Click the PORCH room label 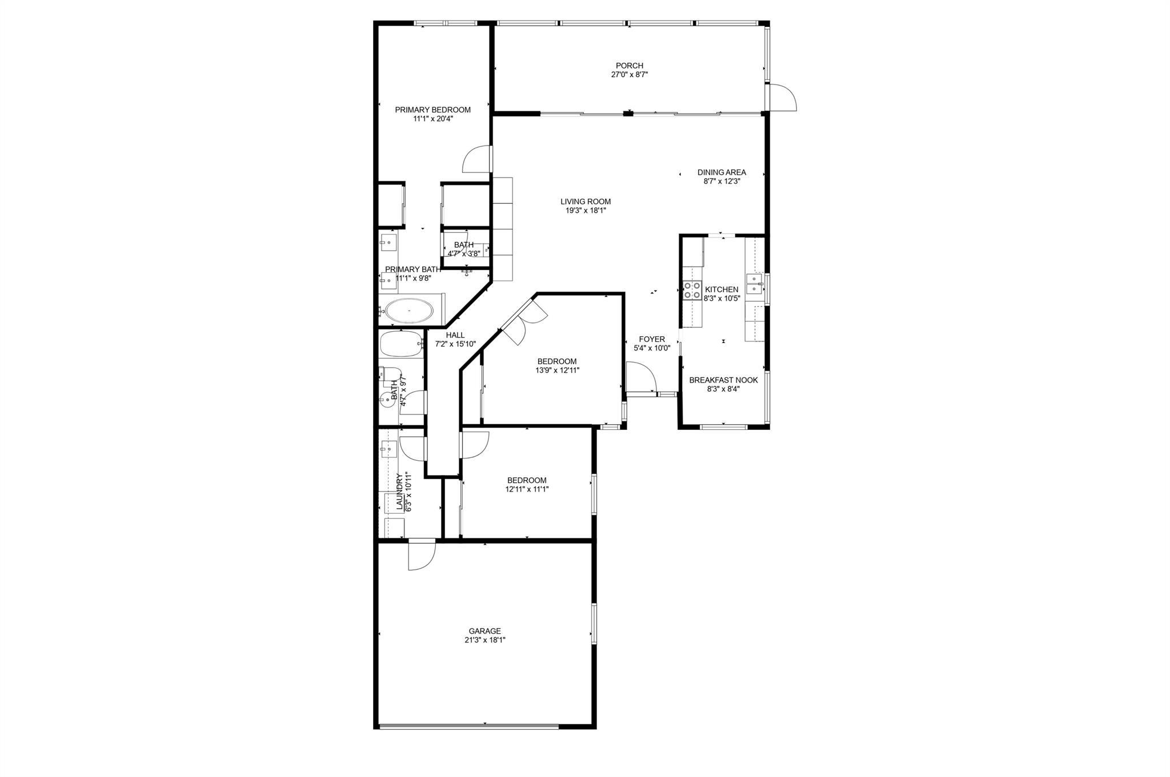pyautogui.click(x=629, y=66)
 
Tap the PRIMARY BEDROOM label pyautogui.click(x=432, y=110)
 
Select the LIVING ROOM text pyautogui.click(x=585, y=202)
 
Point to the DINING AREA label pyautogui.click(x=722, y=172)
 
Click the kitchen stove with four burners pyautogui.click(x=692, y=290)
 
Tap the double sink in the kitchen pyautogui.click(x=755, y=284)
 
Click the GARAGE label pyautogui.click(x=484, y=631)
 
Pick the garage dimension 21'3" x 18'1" pyautogui.click(x=484, y=640)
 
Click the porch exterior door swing pyautogui.click(x=783, y=98)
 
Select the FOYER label pyautogui.click(x=651, y=339)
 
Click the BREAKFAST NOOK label pyautogui.click(x=723, y=380)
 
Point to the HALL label pyautogui.click(x=455, y=335)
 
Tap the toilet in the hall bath pyautogui.click(x=389, y=374)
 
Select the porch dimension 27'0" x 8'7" pyautogui.click(x=629, y=75)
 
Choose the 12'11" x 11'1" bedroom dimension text pyautogui.click(x=526, y=489)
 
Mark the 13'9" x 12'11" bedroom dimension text pyautogui.click(x=556, y=370)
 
